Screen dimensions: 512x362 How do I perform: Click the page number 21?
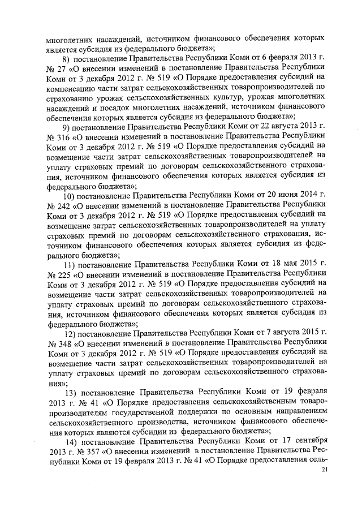pyautogui.click(x=324, y=470)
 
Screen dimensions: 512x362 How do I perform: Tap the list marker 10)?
pyautogui.click(x=68, y=196)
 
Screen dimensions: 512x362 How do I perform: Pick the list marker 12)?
pyautogui.click(x=69, y=333)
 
